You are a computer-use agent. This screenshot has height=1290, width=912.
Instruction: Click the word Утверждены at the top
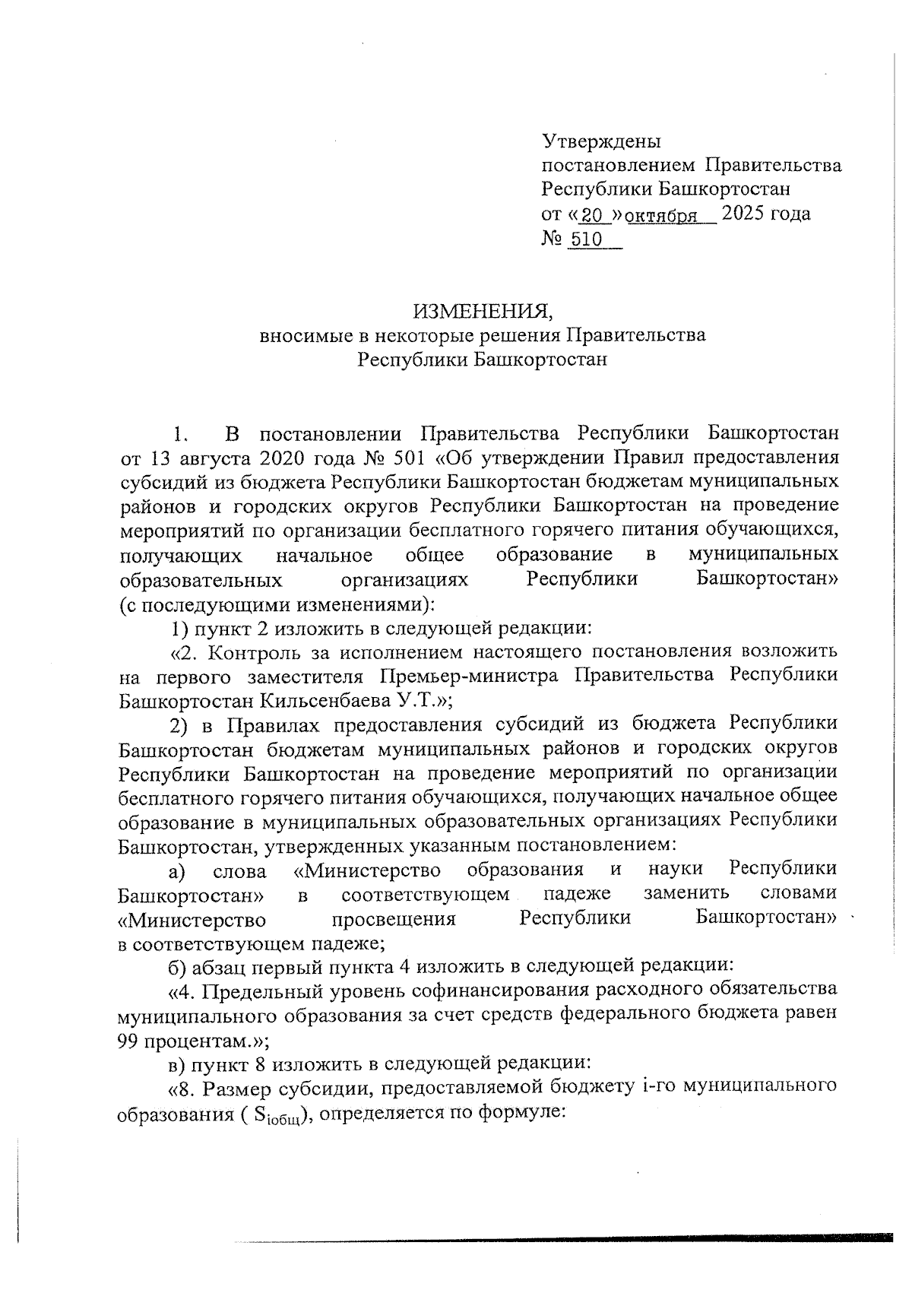click(x=601, y=141)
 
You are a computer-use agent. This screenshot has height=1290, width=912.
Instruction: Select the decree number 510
click(x=586, y=240)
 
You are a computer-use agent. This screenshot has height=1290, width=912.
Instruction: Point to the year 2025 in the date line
click(x=745, y=214)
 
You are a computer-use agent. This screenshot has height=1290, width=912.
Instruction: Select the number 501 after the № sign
click(x=414, y=458)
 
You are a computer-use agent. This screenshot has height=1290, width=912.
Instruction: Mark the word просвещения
click(x=394, y=919)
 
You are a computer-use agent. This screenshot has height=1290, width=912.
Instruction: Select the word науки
click(x=676, y=869)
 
